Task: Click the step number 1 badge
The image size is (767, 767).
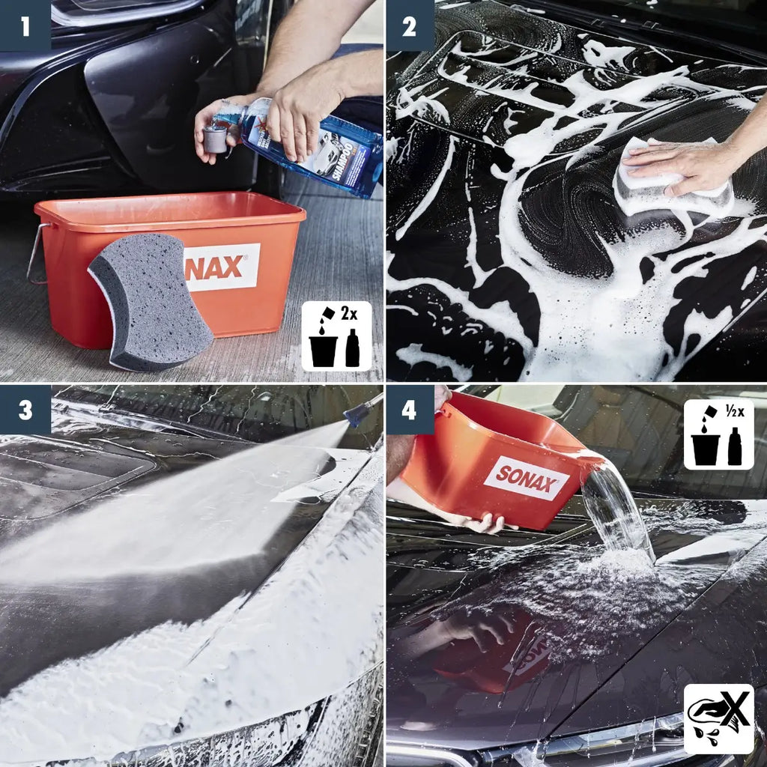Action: pos(25,25)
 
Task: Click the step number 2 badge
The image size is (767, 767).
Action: pos(410,25)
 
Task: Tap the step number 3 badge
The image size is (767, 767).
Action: pos(25,410)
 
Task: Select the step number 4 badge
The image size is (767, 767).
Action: pos(410,410)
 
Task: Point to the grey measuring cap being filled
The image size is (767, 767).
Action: pos(215,139)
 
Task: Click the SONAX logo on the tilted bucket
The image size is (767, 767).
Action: pos(526,478)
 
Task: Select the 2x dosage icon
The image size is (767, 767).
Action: pos(336,336)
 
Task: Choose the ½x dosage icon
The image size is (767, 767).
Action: pos(718,434)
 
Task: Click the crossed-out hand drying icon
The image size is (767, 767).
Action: pos(718,718)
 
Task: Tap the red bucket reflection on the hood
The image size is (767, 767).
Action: pos(487,652)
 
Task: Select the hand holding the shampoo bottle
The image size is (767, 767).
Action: pos(300,112)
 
